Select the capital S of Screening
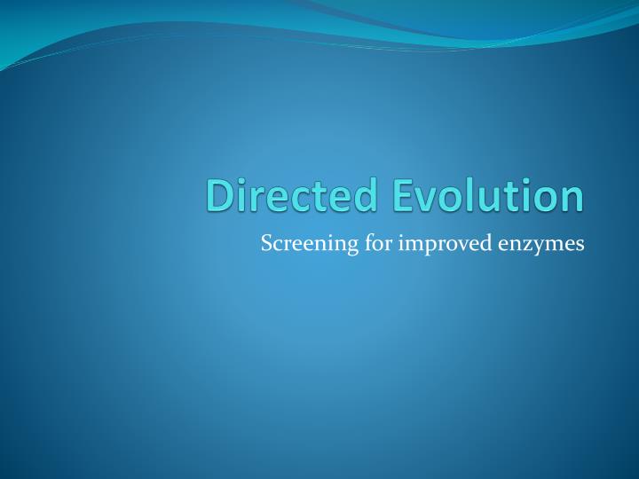click(x=266, y=243)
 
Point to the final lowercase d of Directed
click(x=366, y=196)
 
